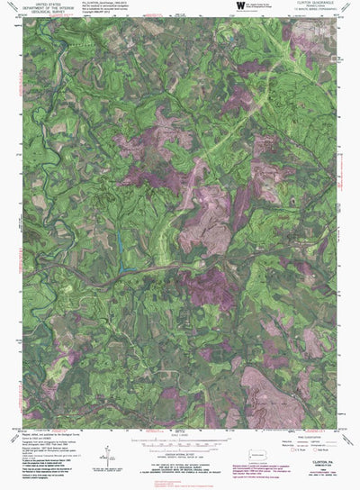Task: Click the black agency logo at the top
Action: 239,6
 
